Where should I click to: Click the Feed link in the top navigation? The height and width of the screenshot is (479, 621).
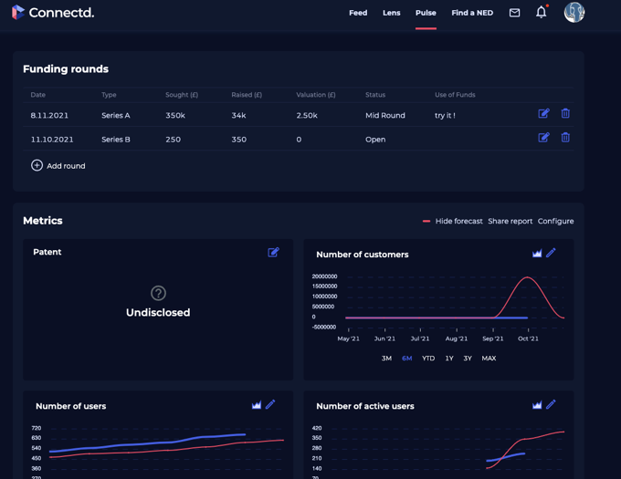[358, 13]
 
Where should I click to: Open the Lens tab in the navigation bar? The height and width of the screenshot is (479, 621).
[391, 13]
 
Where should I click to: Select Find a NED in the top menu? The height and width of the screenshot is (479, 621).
[472, 13]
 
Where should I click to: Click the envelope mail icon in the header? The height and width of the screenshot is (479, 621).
[515, 13]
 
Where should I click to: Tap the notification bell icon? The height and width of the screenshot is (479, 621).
[541, 13]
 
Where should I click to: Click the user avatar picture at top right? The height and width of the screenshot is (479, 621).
[574, 12]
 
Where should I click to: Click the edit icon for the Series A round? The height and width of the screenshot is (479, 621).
[543, 113]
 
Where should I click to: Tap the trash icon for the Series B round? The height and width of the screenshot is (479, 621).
[565, 138]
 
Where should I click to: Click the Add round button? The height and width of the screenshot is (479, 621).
[58, 166]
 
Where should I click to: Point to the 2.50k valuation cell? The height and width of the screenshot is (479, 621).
[307, 116]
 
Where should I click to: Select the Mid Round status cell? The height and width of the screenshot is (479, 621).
[384, 116]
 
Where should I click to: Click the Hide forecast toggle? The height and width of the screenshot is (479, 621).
[452, 222]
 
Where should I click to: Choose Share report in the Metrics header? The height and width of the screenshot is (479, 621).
[510, 222]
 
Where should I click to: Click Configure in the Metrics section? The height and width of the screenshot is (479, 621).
[555, 222]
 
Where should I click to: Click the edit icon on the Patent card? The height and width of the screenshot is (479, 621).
[273, 253]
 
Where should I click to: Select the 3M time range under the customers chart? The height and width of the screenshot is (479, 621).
[386, 359]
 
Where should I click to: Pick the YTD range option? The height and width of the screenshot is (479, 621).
[428, 359]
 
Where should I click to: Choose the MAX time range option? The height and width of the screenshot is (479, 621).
[489, 359]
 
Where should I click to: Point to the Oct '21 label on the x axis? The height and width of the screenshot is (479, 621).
[528, 338]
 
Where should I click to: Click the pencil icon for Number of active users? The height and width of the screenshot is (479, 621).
[551, 405]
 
